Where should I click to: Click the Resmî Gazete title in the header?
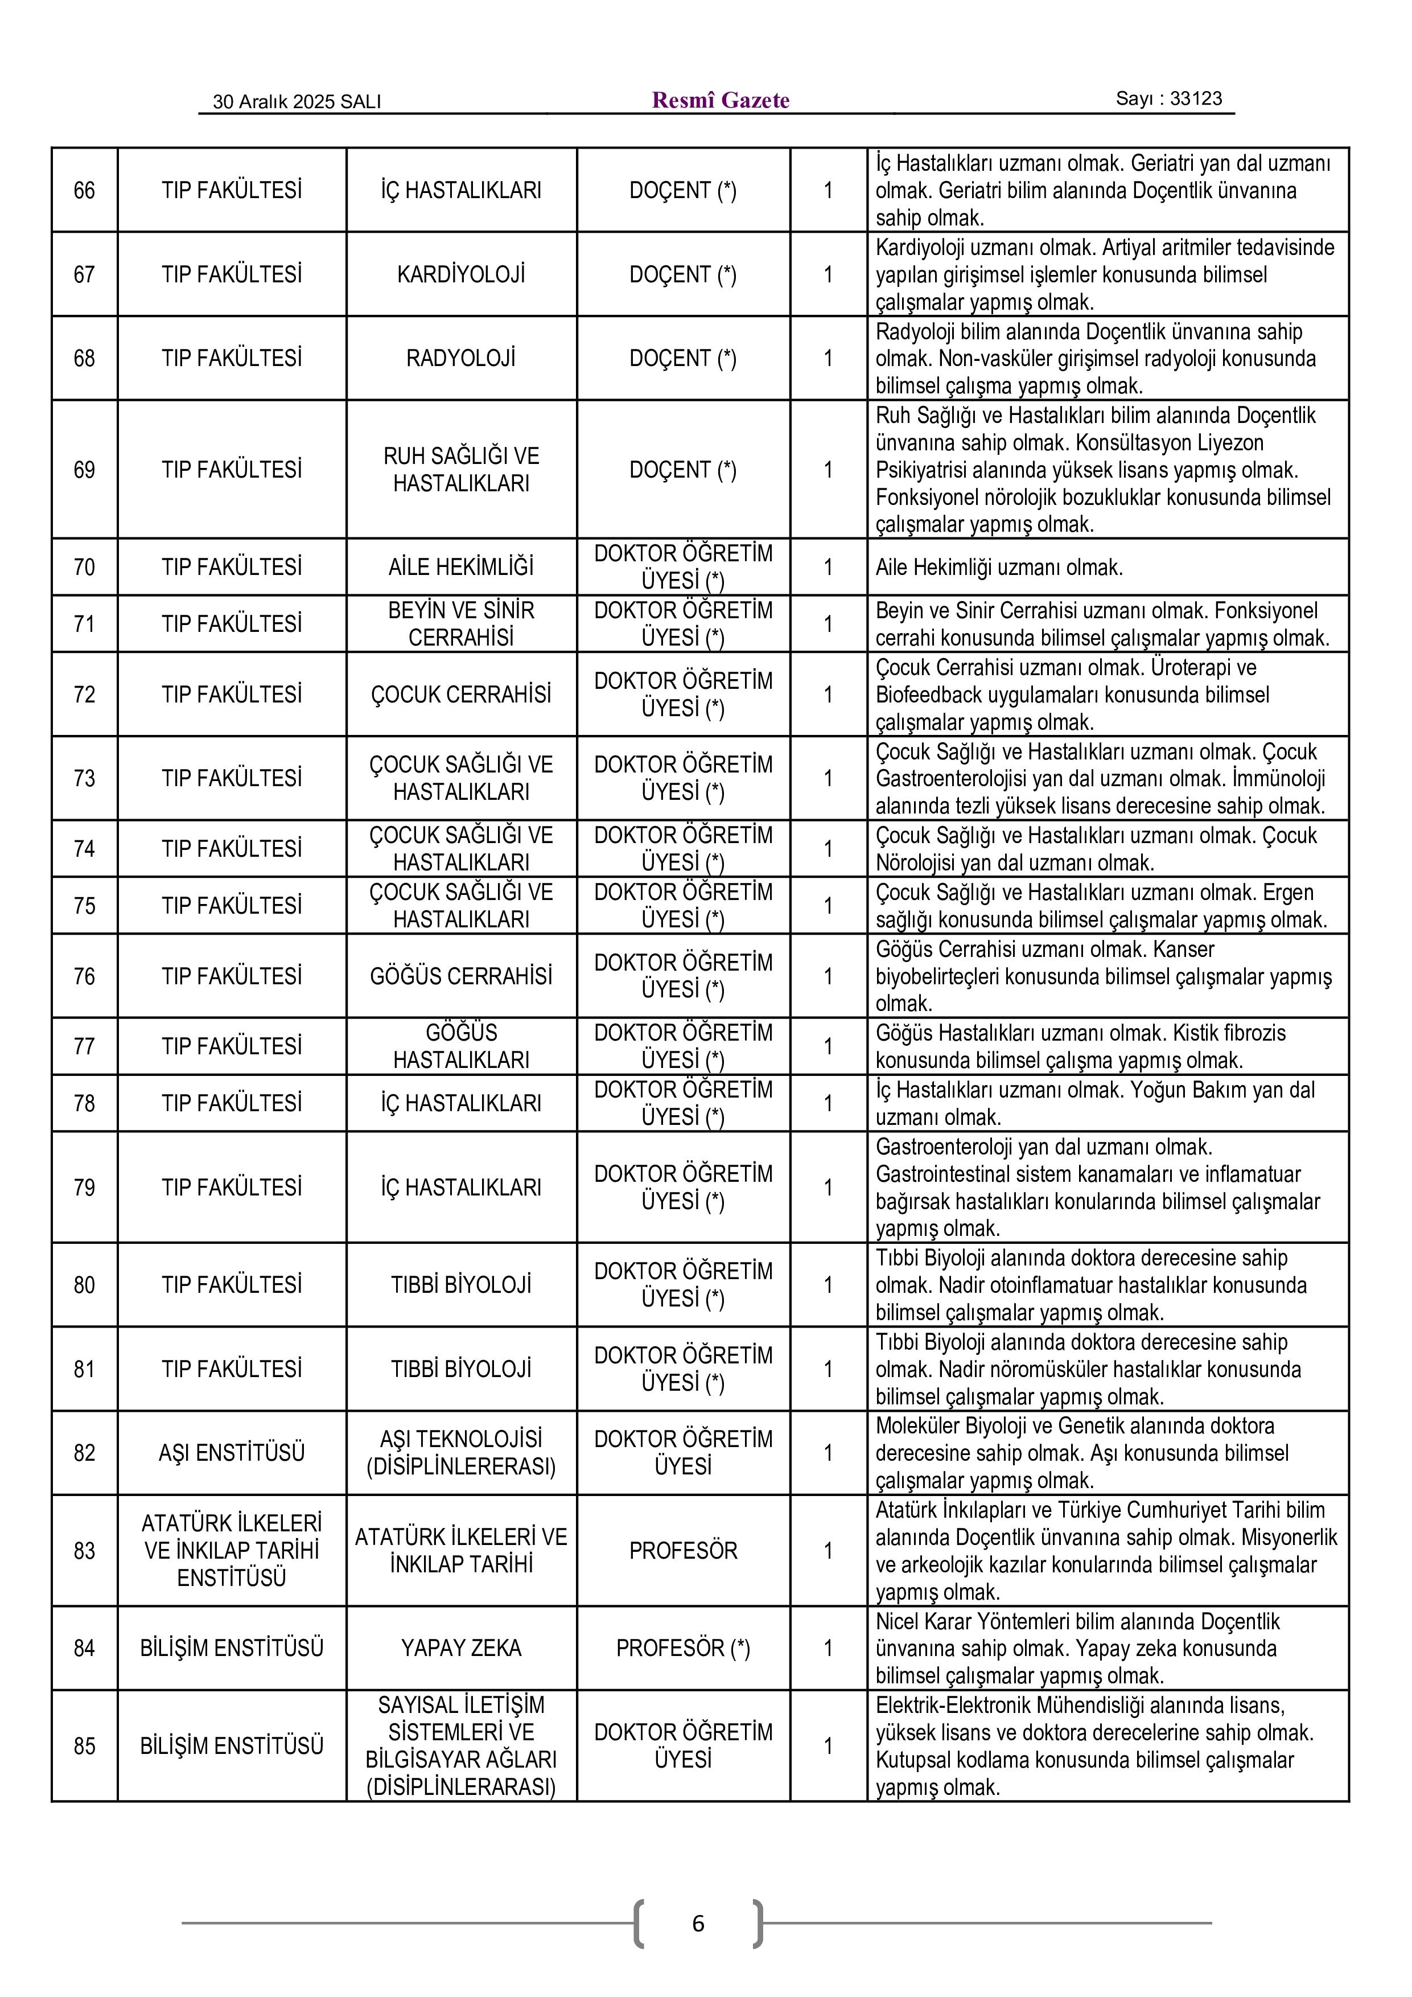coord(720,100)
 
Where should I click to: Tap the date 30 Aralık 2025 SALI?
coord(297,102)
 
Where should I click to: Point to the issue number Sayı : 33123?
coord(1168,98)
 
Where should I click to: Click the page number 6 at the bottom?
coord(697,1923)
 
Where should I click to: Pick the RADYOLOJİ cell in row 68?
coord(461,358)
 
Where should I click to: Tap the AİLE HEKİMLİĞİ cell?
coord(461,567)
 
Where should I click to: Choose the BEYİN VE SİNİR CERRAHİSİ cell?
coord(461,623)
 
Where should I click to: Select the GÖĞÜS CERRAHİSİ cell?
coord(461,976)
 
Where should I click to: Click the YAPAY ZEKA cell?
coord(461,1647)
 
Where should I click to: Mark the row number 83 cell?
coord(84,1550)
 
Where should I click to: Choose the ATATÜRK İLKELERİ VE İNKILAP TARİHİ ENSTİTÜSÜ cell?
coord(231,1550)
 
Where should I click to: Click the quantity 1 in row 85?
coord(828,1745)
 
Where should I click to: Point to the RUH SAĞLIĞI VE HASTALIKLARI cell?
coord(461,470)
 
